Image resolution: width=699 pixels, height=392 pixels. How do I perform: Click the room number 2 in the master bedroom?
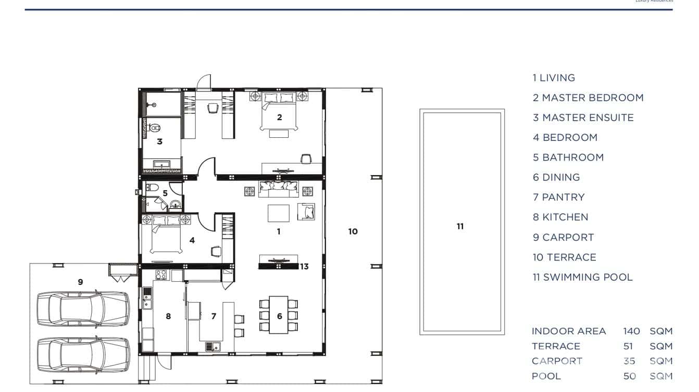279,117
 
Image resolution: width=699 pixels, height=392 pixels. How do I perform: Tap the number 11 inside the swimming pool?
460,227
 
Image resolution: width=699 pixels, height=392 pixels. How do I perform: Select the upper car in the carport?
83,308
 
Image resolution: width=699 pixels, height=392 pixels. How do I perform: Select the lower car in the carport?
83,355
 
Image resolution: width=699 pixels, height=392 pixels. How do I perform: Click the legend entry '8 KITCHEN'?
560,217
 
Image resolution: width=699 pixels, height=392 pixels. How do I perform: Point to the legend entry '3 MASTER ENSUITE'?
583,118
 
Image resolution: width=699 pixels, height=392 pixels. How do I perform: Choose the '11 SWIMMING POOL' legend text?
582,278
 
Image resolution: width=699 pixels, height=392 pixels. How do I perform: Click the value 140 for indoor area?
631,331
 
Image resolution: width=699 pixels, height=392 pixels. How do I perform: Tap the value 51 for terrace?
628,346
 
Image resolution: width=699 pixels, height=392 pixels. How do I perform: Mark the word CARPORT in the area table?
557,361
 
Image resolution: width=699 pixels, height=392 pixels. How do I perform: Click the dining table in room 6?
279,315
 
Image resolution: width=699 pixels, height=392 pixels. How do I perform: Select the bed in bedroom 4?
166,237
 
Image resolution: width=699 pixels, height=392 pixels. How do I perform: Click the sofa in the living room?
279,189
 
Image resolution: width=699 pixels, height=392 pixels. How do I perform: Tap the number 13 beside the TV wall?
304,267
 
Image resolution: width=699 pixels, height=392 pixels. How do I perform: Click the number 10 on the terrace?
353,232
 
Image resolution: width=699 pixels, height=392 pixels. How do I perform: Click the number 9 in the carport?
80,282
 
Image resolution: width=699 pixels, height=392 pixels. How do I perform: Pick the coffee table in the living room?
279,213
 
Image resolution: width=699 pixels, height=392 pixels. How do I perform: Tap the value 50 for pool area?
629,376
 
